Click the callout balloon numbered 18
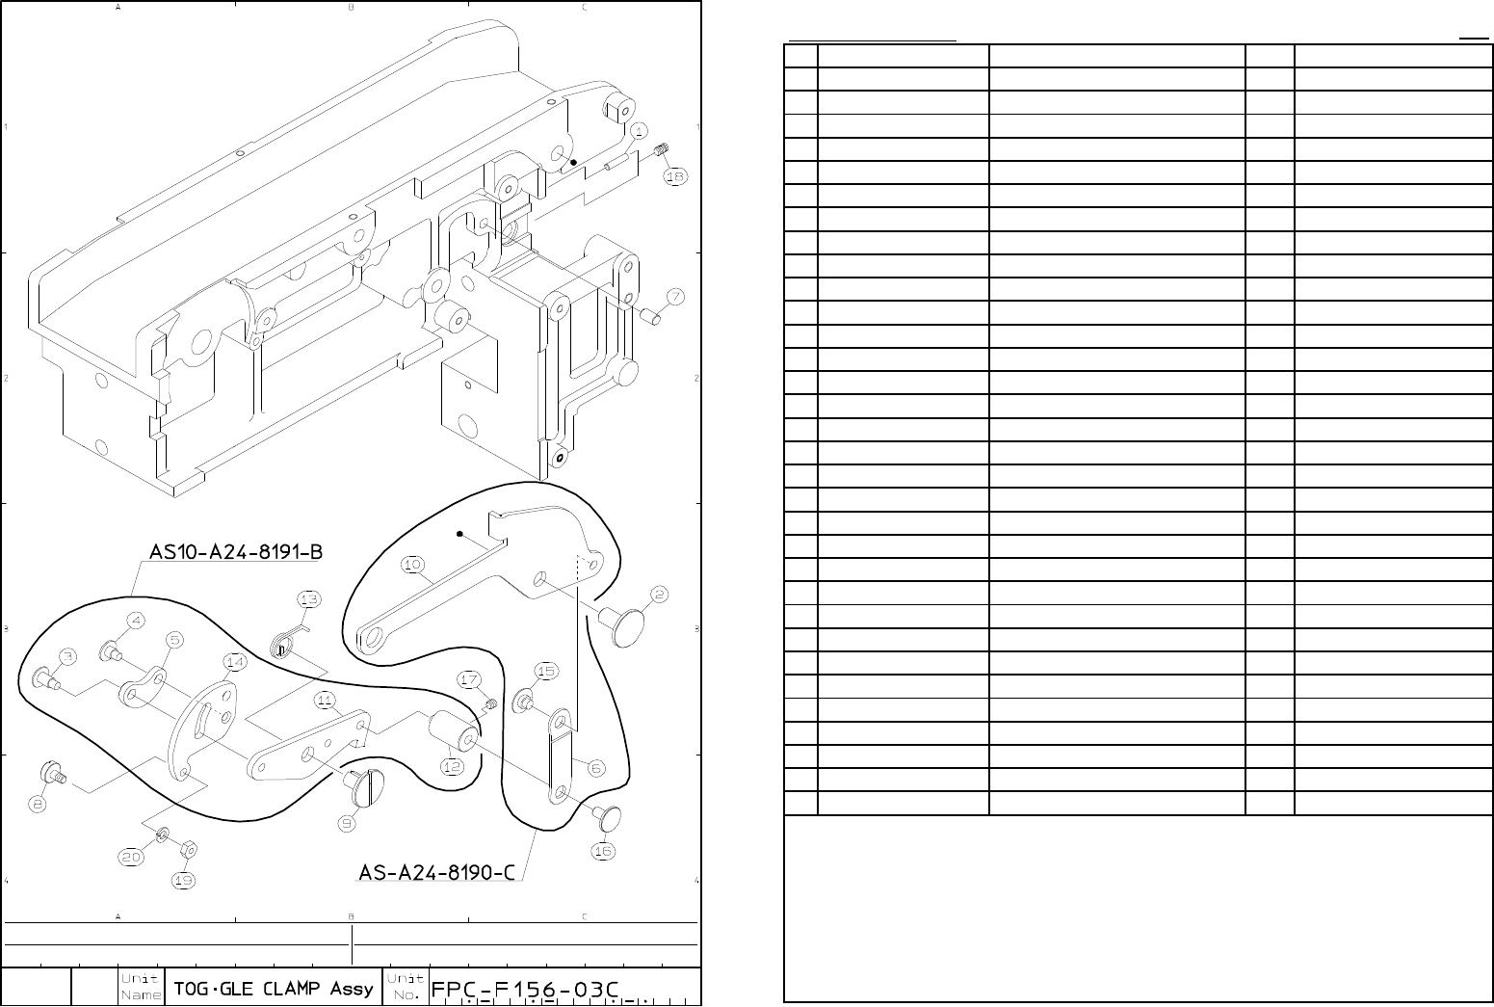tap(675, 176)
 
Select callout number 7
tap(675, 296)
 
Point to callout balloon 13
tap(309, 599)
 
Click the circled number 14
tap(234, 662)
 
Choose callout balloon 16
tap(602, 851)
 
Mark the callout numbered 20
tap(131, 857)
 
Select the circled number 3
tap(66, 656)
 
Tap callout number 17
tap(469, 680)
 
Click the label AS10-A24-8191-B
tap(235, 552)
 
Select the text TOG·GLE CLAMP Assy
tap(274, 989)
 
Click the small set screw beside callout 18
tap(661, 149)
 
